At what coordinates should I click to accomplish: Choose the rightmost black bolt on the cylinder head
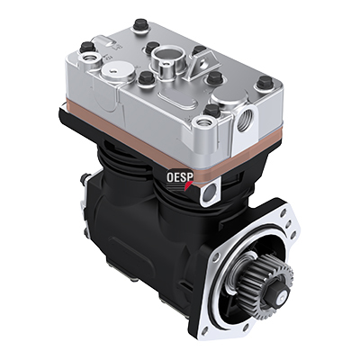coord(265,85)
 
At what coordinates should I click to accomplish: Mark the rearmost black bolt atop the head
coord(140,24)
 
